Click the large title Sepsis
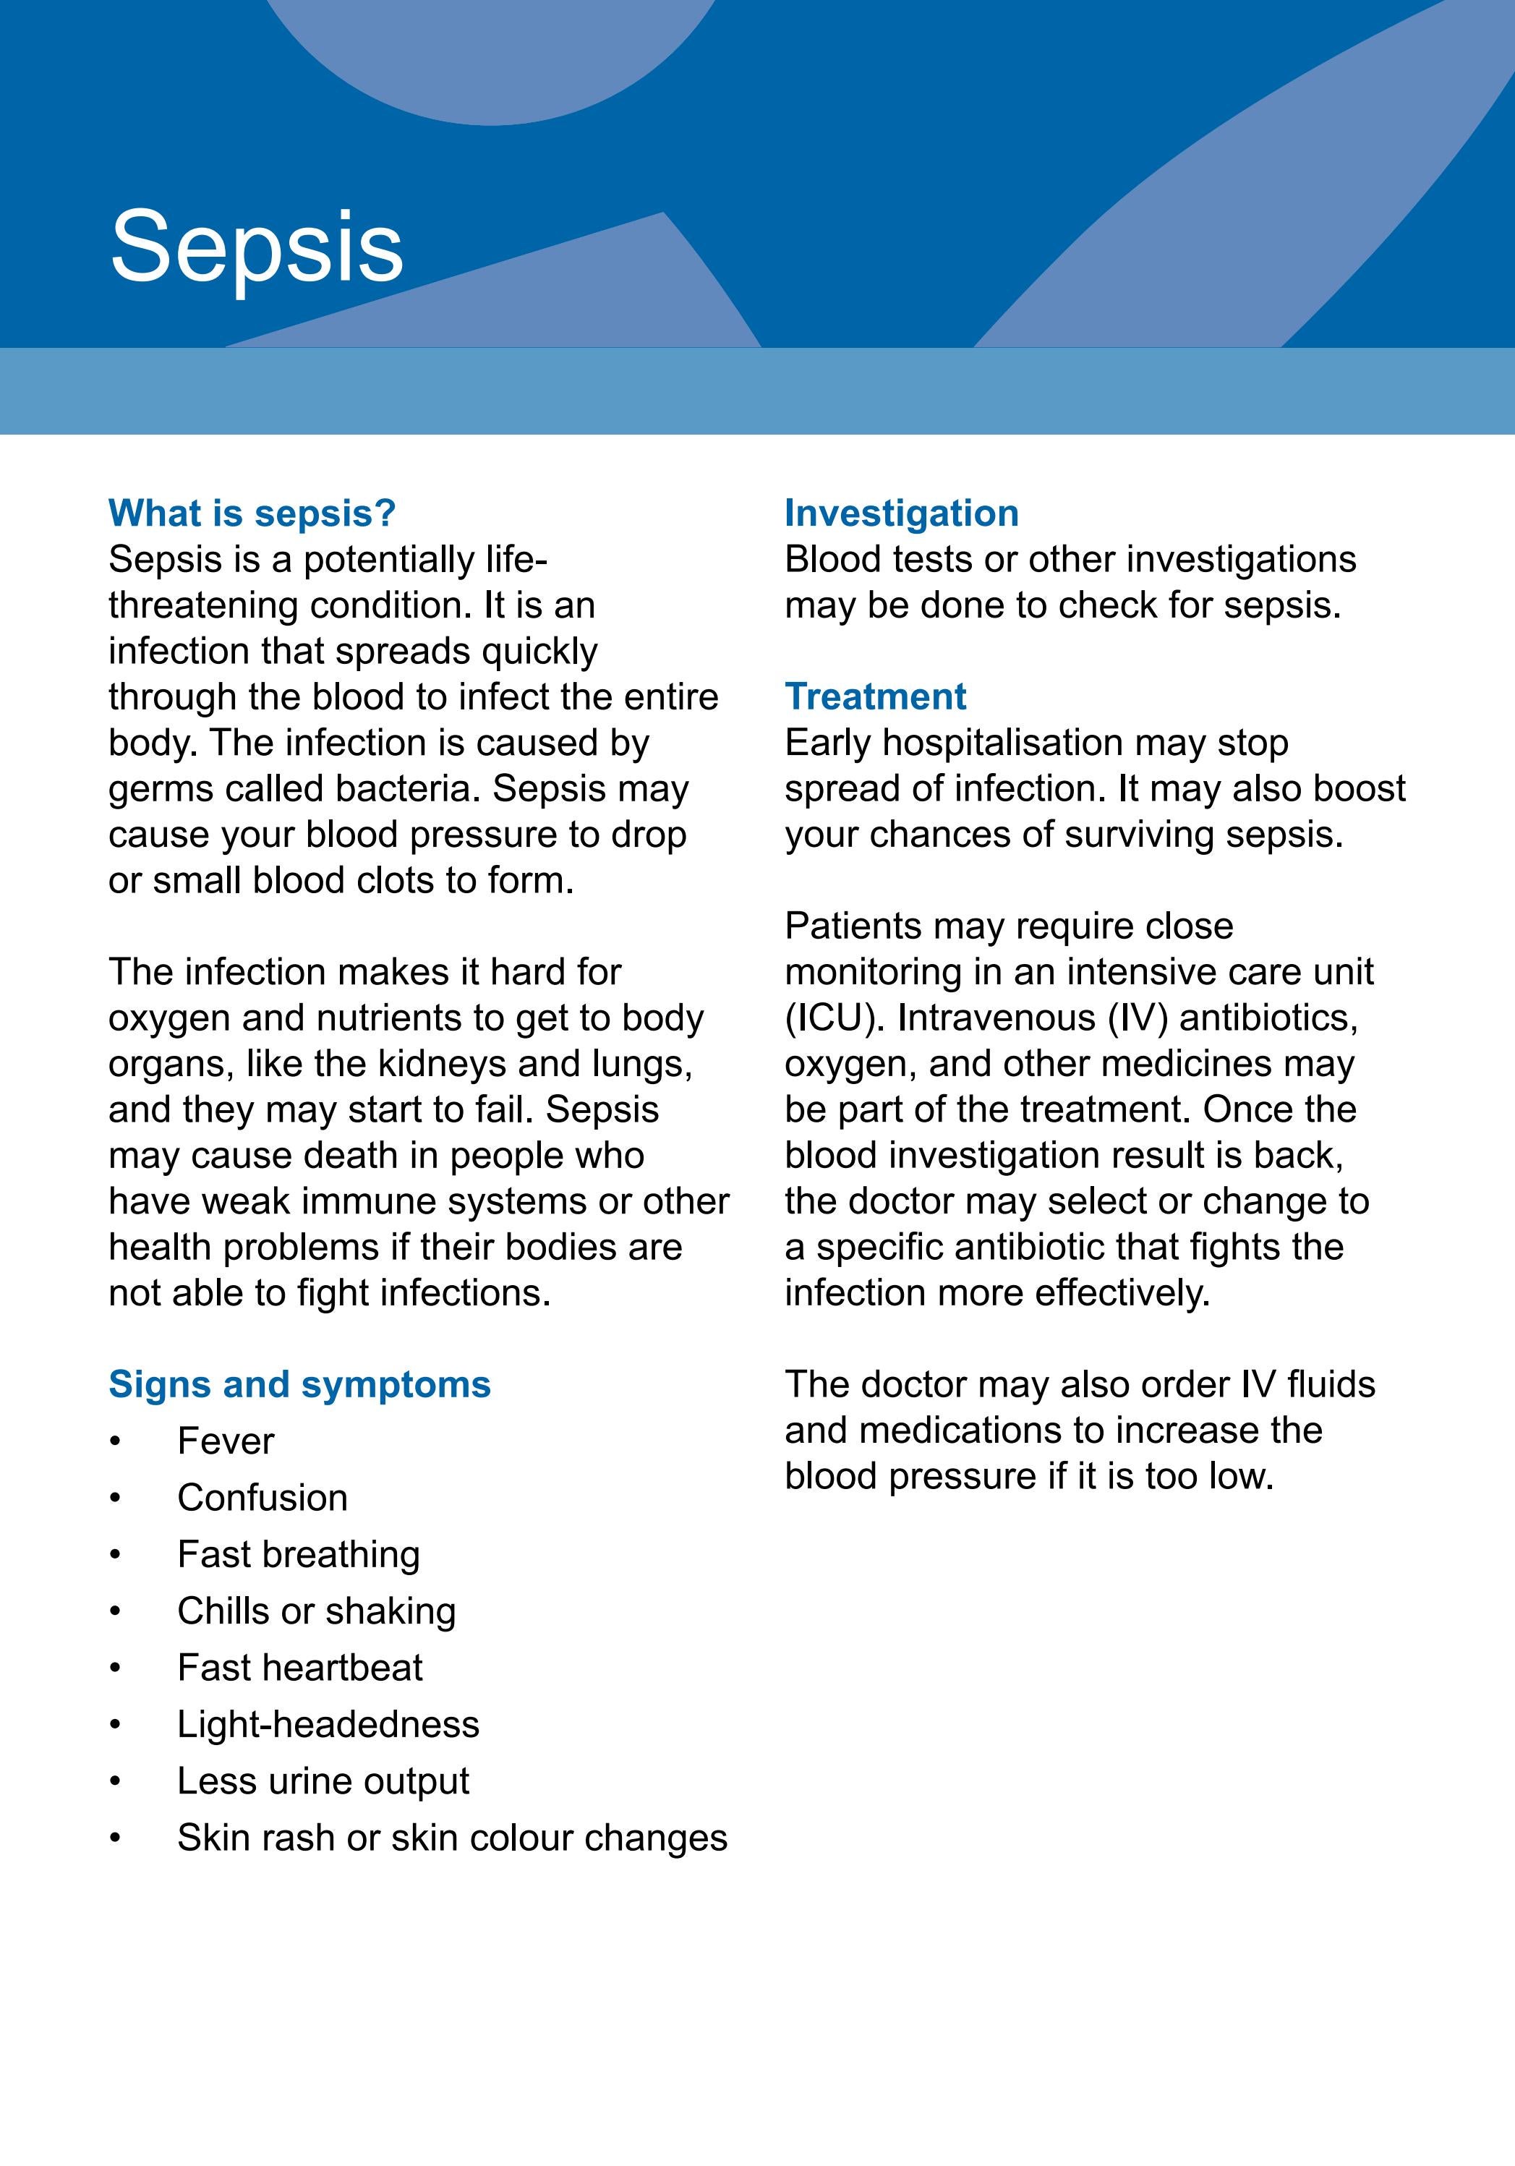[257, 247]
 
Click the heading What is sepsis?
[252, 513]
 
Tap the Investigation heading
[901, 513]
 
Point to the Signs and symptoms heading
[299, 1384]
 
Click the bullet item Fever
[226, 1441]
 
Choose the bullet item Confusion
[263, 1497]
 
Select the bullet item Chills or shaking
[316, 1611]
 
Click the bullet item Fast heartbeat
[300, 1667]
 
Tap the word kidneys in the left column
[443, 1063]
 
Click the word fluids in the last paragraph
[1330, 1384]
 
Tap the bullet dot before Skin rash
[115, 1837]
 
